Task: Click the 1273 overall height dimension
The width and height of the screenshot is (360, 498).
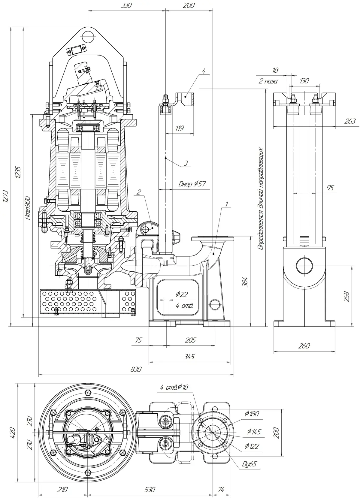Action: pyautogui.click(x=6, y=196)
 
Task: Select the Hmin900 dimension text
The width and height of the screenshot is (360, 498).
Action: pyautogui.click(x=28, y=208)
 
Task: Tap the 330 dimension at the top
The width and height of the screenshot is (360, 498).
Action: pyautogui.click(x=126, y=5)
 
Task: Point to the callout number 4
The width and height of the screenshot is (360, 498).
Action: pyautogui.click(x=204, y=71)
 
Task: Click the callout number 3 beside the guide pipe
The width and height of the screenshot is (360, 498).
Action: pyautogui.click(x=186, y=163)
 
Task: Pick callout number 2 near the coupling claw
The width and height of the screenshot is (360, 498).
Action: pyautogui.click(x=139, y=192)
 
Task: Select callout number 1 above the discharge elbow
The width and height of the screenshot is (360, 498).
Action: pyautogui.click(x=227, y=204)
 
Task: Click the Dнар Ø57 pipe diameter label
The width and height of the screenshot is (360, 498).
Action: pyautogui.click(x=192, y=184)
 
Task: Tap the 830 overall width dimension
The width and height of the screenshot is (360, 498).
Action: pyautogui.click(x=136, y=369)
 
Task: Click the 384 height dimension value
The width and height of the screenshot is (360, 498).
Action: pyautogui.click(x=245, y=282)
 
